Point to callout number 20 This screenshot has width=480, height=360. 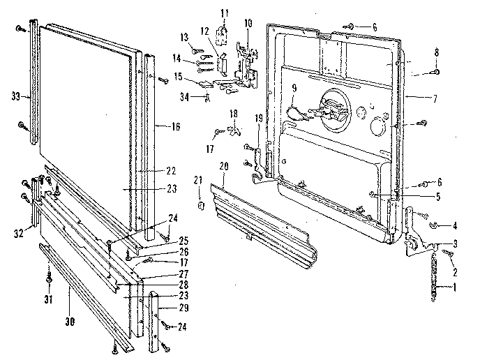point(223,166)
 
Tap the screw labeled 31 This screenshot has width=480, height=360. point(48,280)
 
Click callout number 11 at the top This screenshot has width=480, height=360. point(225,13)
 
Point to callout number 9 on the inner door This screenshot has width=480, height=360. point(294,89)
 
